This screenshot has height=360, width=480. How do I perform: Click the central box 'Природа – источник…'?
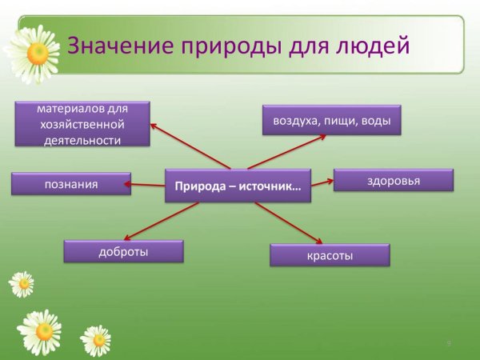click(238, 186)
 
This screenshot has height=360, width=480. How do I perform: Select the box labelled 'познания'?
click(71, 184)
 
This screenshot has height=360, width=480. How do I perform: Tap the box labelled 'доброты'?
click(123, 252)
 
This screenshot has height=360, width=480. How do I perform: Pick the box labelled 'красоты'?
click(330, 255)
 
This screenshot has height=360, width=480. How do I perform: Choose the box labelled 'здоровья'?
click(393, 181)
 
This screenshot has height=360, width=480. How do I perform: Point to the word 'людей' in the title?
click(373, 46)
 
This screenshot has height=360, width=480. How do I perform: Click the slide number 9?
click(449, 343)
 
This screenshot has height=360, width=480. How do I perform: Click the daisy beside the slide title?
click(32, 52)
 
